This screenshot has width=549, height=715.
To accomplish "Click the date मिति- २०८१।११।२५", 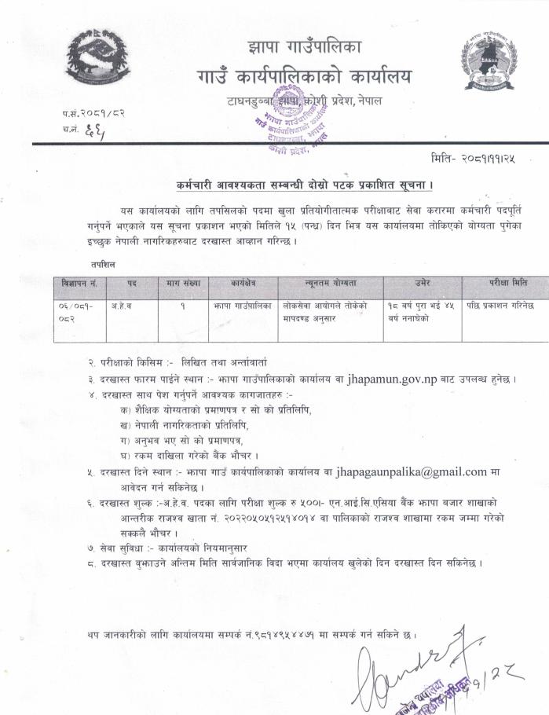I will [474, 158].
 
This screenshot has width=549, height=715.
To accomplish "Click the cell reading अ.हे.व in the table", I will [119, 303].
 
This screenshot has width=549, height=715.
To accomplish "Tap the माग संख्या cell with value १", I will [182, 303].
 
